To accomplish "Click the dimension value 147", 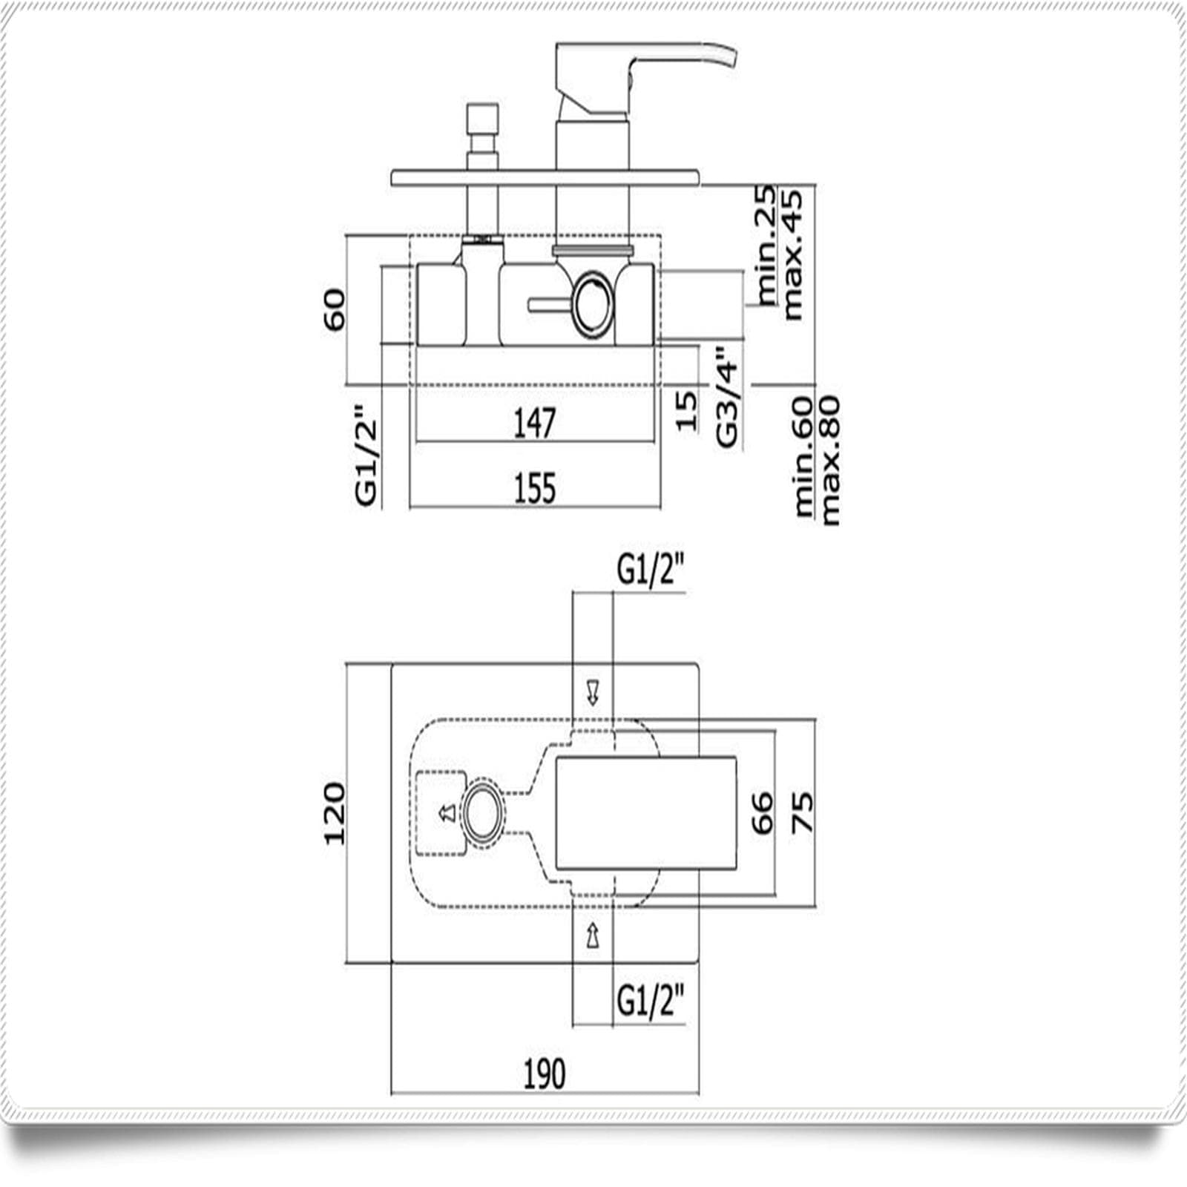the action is [x=534, y=423].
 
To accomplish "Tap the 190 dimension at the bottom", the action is [x=545, y=1073].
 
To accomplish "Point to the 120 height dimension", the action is [x=335, y=814].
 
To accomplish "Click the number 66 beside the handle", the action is [x=762, y=813].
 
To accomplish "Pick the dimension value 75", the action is [x=802, y=813].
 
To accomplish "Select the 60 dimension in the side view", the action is [x=334, y=310].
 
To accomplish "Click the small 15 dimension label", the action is [x=686, y=411].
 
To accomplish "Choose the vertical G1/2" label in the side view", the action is [x=366, y=455].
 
